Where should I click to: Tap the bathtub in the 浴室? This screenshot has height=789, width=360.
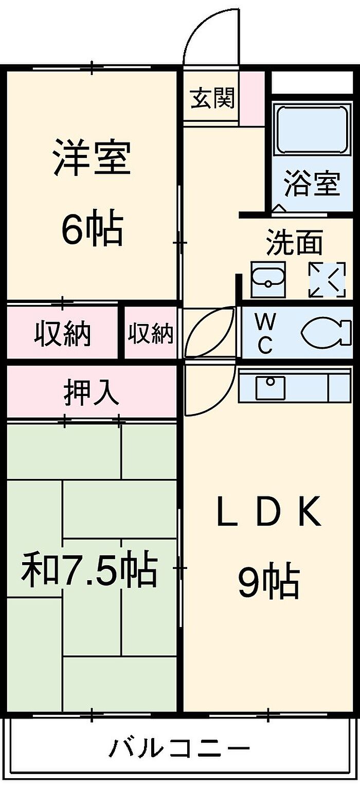tap(311, 129)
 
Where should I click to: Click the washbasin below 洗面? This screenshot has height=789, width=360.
tap(268, 279)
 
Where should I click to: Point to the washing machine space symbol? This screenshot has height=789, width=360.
tap(327, 280)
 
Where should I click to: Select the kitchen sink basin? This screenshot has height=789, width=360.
tap(271, 387)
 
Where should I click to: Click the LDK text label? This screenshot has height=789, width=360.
tap(268, 511)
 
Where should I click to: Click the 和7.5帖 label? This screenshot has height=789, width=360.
tap(88, 570)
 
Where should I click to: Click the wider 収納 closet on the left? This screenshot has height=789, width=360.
tap(63, 334)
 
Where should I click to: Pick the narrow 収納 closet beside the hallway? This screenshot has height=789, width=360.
tap(151, 334)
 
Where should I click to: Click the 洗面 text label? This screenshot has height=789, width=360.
tap(295, 242)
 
